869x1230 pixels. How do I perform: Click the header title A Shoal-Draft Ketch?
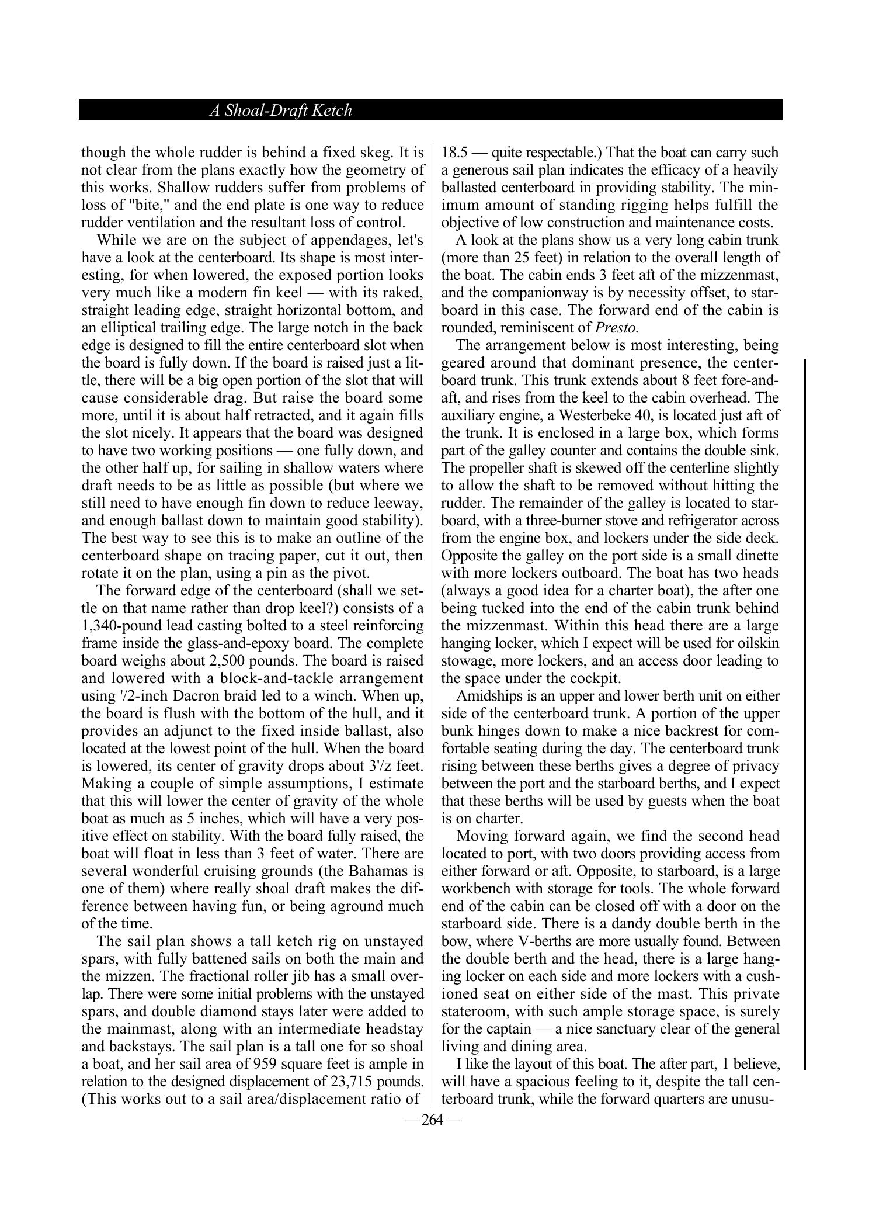click(280, 110)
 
